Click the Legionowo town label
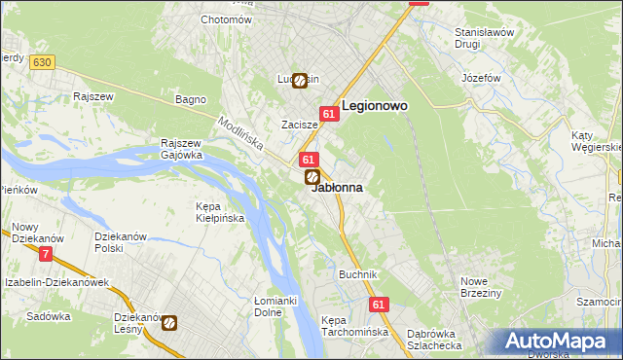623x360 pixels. click(374, 106)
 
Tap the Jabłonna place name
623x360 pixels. click(337, 188)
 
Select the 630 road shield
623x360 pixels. click(40, 62)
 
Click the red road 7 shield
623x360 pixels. click(46, 254)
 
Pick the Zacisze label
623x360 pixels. click(300, 125)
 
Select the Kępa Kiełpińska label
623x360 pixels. click(220, 212)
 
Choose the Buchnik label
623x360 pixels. click(357, 274)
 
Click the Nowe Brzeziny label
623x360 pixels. click(480, 287)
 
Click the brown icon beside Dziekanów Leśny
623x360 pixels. click(169, 323)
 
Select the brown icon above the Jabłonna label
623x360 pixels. click(312, 177)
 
